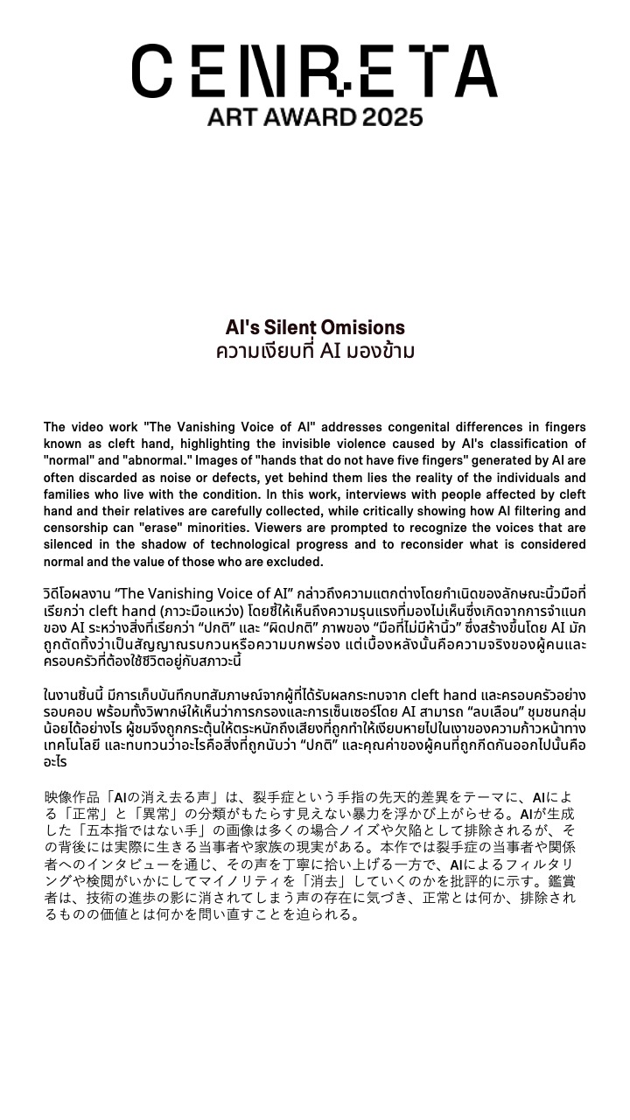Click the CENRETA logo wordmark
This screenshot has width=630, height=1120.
click(315, 71)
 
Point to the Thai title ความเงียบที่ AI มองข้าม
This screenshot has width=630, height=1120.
click(315, 351)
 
